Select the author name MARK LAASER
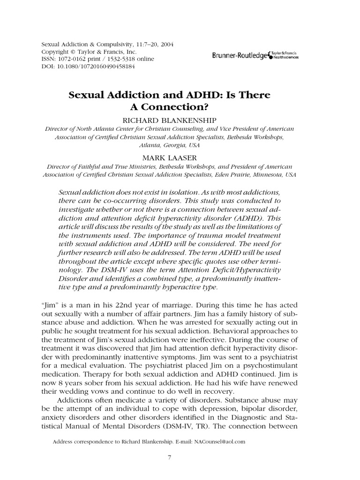coord(168,158)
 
